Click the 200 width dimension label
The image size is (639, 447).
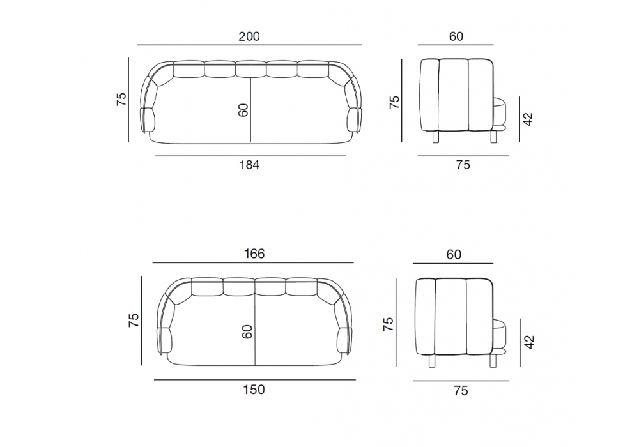tap(249, 36)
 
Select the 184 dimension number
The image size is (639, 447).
tap(249, 165)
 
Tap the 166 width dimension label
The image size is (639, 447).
tap(254, 254)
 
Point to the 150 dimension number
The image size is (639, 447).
tap(254, 390)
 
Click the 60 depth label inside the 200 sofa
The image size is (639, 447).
tap(243, 110)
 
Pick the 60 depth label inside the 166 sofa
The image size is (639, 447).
tap(247, 332)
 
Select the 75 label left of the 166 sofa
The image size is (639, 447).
tap(134, 320)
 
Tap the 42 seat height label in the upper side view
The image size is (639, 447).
tap(528, 119)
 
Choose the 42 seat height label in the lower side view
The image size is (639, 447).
tap(529, 342)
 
